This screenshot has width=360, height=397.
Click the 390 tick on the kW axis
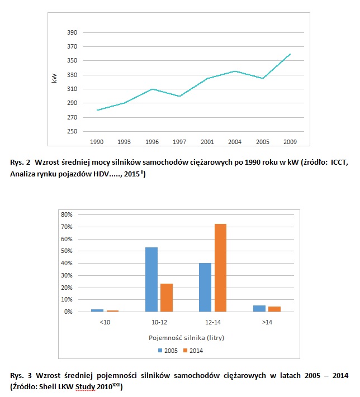pos(72,32)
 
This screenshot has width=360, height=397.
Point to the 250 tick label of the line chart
pos(72,131)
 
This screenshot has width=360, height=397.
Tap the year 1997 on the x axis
pos(179,142)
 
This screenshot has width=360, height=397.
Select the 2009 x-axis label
pos(290,142)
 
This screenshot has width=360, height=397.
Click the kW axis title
pos(54,78)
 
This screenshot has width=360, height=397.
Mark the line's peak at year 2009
pos(290,54)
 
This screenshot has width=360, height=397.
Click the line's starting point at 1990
pos(97,110)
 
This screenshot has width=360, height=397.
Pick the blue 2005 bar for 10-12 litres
pos(151,280)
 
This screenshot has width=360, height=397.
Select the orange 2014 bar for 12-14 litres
pos(220,267)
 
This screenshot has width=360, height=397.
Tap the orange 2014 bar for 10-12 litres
pos(167,298)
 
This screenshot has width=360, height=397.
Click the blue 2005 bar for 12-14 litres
pos(205,288)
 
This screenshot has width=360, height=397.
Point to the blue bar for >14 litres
pos(259,309)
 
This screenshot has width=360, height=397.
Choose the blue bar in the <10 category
pos(97,310)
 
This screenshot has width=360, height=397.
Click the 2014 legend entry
pos(193,351)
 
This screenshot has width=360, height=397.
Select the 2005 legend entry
pos(168,351)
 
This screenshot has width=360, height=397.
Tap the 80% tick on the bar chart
pos(67,214)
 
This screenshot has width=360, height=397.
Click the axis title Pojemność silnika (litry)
pos(186,338)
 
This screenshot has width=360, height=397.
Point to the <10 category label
pos(105,322)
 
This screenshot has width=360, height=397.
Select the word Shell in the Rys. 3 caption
pos(48,386)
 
